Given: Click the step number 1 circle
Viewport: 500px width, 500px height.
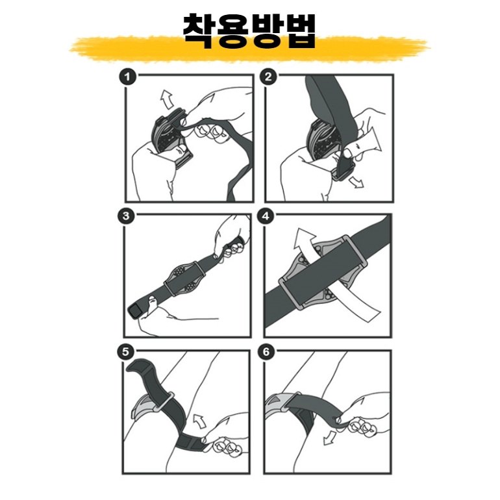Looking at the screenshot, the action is [127, 77].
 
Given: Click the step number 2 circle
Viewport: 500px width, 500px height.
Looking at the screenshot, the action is [268, 77].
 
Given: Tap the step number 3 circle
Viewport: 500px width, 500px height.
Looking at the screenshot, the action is [126, 216].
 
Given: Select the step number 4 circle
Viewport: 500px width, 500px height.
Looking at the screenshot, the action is [266, 216].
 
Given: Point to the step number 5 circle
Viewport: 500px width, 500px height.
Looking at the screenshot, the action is [125, 352].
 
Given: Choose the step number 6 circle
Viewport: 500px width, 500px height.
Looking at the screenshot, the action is [266, 352].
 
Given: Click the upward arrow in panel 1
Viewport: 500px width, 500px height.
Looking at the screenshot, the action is [167, 99].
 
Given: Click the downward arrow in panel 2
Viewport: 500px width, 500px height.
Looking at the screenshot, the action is [356, 182].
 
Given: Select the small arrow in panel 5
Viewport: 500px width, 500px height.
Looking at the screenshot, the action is [199, 421].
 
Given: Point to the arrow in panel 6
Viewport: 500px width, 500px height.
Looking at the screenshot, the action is [329, 438].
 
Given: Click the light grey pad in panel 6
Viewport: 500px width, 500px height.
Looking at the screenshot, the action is [275, 403].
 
